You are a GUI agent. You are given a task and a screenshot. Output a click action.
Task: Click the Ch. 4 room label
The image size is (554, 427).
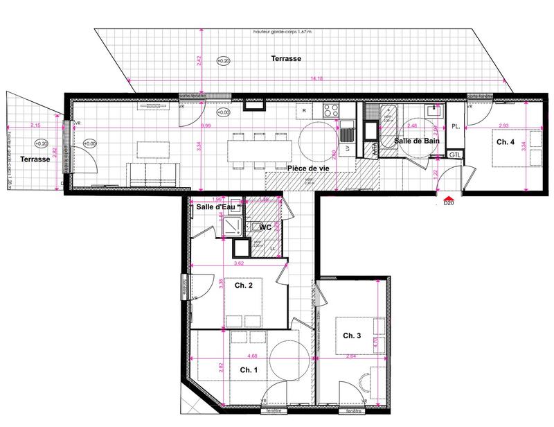click(505, 141)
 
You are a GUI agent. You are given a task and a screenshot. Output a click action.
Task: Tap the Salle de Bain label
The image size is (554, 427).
click(417, 141)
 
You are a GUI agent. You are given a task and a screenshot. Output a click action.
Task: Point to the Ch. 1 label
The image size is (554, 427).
click(249, 370)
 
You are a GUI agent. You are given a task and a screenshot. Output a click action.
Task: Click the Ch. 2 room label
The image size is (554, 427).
click(242, 286)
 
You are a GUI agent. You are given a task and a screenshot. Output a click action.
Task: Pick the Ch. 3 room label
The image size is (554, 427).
click(352, 335)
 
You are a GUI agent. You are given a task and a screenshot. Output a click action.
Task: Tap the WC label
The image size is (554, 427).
click(265, 227)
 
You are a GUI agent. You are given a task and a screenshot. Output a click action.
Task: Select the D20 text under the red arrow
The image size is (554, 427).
click(448, 203)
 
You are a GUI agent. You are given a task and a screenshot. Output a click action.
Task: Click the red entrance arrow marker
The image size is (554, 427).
click(448, 195)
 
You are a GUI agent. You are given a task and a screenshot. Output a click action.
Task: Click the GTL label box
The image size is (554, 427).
click(454, 155)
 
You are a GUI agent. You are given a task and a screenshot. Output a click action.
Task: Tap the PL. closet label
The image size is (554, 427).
click(455, 127)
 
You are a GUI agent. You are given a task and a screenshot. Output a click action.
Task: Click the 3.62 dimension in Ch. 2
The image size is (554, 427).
click(239, 263)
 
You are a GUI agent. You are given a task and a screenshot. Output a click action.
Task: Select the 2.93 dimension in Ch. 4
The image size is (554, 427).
click(503, 125)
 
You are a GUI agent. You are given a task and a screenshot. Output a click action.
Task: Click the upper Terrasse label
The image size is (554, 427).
click(285, 60)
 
